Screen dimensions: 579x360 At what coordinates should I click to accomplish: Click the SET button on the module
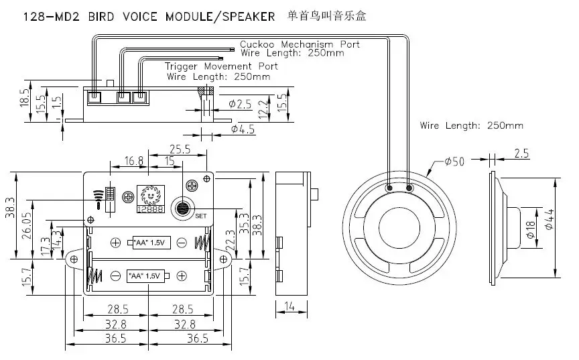pos(182,208)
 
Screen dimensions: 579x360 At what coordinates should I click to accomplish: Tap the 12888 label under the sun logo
pos(150,209)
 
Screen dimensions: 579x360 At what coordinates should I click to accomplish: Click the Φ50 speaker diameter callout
pos(454,162)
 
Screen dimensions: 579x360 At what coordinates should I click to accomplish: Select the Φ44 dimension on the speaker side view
pos(549,219)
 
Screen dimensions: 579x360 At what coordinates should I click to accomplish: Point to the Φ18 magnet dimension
pos(530,229)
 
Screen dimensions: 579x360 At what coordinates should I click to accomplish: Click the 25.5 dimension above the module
pos(180,149)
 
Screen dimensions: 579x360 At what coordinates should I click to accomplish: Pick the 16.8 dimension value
pos(133,161)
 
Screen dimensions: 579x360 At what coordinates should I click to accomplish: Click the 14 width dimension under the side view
pos(289,306)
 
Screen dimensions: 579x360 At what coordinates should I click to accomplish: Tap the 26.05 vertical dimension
pos(27,225)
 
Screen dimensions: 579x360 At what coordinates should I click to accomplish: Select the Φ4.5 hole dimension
pos(243,129)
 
